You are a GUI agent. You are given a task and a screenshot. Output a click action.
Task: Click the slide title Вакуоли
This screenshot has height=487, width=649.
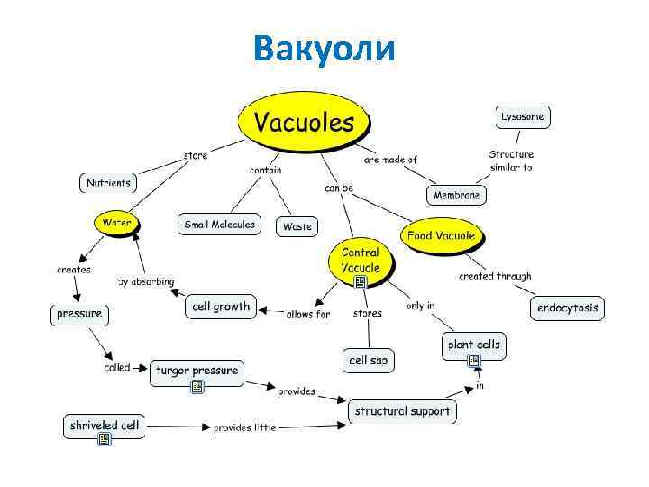pyautogui.click(x=324, y=47)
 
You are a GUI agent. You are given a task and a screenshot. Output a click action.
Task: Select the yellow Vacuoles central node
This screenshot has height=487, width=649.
pyautogui.click(x=304, y=122)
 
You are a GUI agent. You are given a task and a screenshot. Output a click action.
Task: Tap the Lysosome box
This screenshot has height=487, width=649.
pyautogui.click(x=523, y=117)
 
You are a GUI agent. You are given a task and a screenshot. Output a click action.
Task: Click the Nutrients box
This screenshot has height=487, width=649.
pyautogui.click(x=108, y=182)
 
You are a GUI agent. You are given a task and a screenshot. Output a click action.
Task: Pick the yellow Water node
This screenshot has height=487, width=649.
pyautogui.click(x=116, y=222)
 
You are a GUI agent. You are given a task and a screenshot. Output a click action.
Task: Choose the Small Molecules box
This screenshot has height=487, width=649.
pyautogui.click(x=220, y=225)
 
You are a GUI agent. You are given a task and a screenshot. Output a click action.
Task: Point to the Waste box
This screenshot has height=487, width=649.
pyautogui.click(x=297, y=226)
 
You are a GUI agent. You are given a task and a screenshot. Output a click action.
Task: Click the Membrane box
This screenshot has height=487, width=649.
pyautogui.click(x=457, y=195)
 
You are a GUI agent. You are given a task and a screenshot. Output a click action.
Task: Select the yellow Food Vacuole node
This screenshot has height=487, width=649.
pyautogui.click(x=441, y=236)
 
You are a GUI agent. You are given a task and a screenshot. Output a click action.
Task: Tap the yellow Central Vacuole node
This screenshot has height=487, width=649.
pyautogui.click(x=361, y=260)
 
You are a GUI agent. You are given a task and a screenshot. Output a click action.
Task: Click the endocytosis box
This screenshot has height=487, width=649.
pyautogui.click(x=567, y=308)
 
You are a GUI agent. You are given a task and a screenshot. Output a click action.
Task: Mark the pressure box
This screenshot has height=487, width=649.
pyautogui.click(x=79, y=315)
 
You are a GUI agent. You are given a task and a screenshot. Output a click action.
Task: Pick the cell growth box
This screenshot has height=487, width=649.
pyautogui.click(x=221, y=307)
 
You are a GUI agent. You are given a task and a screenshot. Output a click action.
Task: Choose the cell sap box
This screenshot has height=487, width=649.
pyautogui.click(x=368, y=361)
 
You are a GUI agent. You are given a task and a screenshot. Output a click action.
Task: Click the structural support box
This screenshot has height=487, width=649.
pyautogui.click(x=402, y=411)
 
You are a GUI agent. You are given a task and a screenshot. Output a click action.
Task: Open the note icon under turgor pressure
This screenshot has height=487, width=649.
pyautogui.click(x=197, y=388)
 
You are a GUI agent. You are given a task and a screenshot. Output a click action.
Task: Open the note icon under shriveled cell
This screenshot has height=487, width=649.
pyautogui.click(x=105, y=440)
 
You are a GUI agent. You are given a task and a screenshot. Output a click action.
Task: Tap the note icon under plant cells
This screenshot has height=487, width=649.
pyautogui.click(x=473, y=362)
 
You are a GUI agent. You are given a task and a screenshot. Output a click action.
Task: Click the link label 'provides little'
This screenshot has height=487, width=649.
pyautogui.click(x=244, y=427)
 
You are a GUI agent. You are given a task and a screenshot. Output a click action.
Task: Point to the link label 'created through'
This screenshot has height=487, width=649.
pyautogui.click(x=495, y=276)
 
